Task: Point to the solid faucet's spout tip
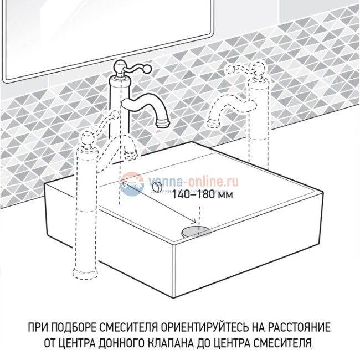pyautogui.click(x=162, y=120)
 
